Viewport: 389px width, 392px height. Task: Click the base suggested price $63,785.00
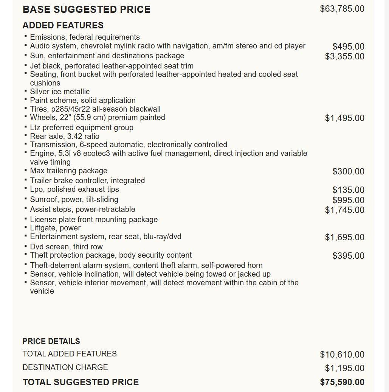pos(342,9)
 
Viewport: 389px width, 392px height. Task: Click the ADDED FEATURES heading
pos(63,25)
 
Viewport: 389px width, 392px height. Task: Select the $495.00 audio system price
pos(348,47)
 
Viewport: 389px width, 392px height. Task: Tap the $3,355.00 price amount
pos(344,56)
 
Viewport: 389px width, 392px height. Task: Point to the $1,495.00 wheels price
pos(344,118)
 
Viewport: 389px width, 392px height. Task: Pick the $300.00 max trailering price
pos(348,171)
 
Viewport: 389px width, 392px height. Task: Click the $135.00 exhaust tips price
pos(348,190)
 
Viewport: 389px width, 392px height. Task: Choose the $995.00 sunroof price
pos(348,200)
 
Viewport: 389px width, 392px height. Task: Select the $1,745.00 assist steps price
pos(344,210)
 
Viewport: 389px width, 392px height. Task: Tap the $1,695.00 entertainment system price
pos(344,237)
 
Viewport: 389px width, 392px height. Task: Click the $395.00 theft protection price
pos(348,256)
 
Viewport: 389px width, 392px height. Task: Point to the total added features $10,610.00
pos(342,355)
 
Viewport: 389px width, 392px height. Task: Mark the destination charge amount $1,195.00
pos(344,368)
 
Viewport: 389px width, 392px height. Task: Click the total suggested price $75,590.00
pos(342,382)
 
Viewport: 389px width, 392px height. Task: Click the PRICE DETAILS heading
pos(51,341)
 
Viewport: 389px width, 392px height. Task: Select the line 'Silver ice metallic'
pos(60,92)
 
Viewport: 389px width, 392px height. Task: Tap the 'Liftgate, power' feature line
pos(55,228)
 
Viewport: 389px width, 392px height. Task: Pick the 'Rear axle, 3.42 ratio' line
pos(65,136)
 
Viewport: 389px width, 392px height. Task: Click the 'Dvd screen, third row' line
pos(66,247)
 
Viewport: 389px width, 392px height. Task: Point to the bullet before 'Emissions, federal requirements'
pos(25,36)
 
